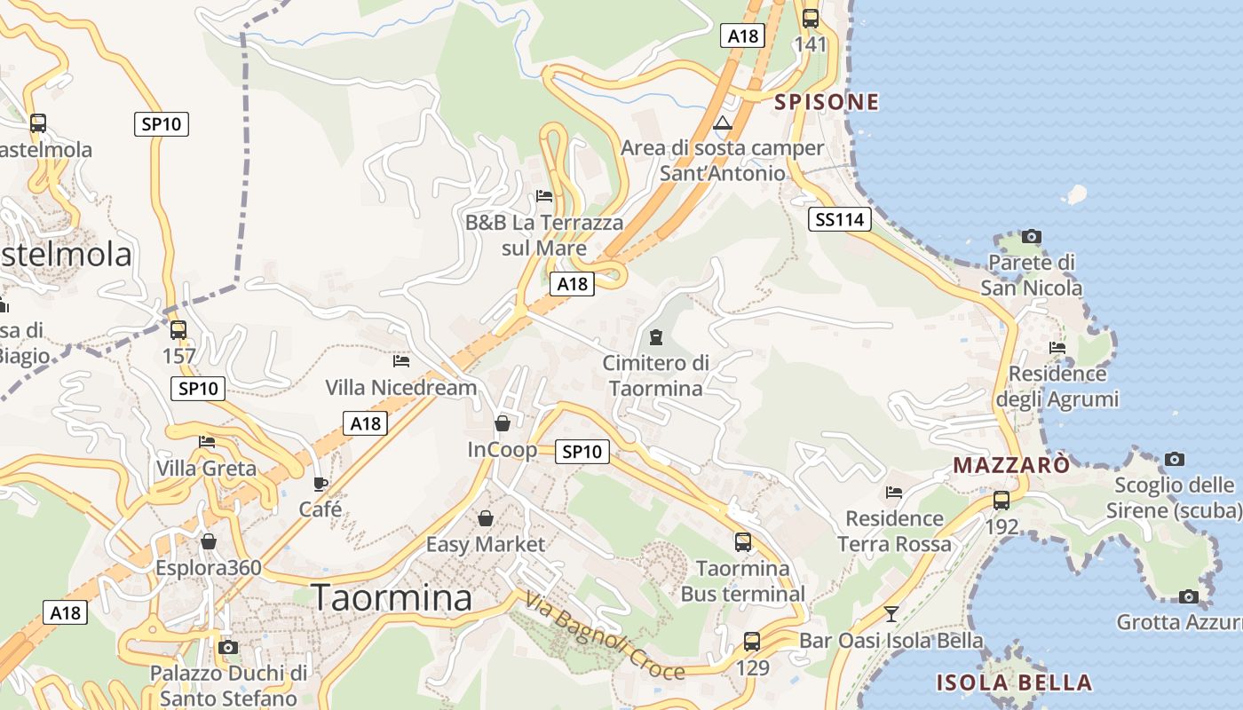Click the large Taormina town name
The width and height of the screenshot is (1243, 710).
coord(392,597)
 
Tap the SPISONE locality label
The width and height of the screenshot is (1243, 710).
coord(827,102)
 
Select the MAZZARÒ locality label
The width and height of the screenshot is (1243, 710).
coord(1011,464)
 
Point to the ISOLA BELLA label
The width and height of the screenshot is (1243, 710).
coord(1014,682)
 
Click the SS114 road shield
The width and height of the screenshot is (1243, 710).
coord(840,219)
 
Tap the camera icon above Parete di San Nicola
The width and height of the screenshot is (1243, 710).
coord(1031,236)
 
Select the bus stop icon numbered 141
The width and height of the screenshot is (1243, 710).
coord(811,19)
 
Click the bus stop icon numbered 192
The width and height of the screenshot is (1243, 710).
coord(1002,500)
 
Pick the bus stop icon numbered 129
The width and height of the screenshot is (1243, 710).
coord(752,641)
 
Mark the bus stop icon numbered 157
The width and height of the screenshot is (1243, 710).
coord(178,330)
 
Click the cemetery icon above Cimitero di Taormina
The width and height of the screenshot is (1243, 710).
coord(655,337)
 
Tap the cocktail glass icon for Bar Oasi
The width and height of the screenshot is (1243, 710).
coord(891,613)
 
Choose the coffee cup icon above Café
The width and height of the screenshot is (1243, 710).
coord(321,484)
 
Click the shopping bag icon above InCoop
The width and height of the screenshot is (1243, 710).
coord(503,423)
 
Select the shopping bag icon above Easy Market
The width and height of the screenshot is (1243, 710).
coord(486,517)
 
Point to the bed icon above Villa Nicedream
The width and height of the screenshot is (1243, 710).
coord(401,361)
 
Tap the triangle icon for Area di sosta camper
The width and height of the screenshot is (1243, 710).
coord(723,122)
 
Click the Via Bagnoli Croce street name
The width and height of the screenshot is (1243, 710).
coord(604,636)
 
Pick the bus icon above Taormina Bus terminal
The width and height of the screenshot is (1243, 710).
coord(742,541)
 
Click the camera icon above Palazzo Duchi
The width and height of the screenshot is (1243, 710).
coord(228,647)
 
